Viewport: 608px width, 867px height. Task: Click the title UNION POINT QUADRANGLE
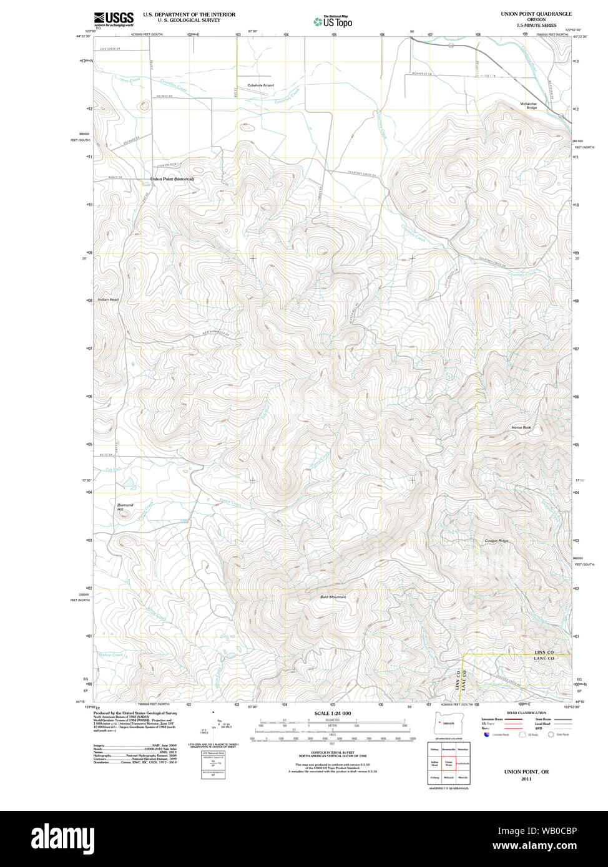pos(536,14)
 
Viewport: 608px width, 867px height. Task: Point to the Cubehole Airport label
pos(260,85)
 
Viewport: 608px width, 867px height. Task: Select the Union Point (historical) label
pos(172,179)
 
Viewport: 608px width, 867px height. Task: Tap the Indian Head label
pos(107,299)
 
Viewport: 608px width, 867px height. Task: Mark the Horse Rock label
pos(521,427)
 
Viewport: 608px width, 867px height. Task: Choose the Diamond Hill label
pos(125,507)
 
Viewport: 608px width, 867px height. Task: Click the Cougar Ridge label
pos(496,541)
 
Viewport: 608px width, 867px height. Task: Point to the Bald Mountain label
pos(333,597)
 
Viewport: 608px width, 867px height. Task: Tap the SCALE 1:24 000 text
pos(333,713)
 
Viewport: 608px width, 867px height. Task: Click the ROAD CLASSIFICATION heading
pos(526,713)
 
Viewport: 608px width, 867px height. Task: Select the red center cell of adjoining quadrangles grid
pos(449,763)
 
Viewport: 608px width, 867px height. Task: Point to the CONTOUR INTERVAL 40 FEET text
pos(333,752)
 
